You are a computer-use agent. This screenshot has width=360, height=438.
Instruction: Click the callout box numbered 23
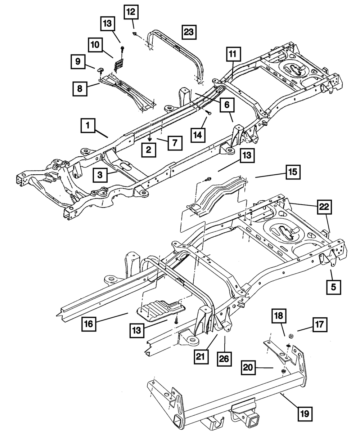coord(189,33)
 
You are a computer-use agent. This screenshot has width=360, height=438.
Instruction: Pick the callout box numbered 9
coord(77,62)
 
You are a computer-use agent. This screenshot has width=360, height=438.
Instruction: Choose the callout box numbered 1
coord(87,127)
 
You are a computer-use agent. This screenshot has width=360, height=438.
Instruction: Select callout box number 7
coord(174,143)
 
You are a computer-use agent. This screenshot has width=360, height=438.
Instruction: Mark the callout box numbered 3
coord(101,175)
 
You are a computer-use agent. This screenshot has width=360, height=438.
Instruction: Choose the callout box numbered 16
coord(89,323)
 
